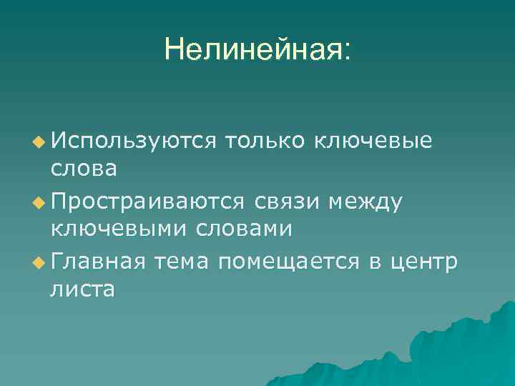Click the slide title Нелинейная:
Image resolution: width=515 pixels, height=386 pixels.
coord(257,49)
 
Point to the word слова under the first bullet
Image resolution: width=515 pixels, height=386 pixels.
coord(84,169)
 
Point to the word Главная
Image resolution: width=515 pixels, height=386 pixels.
coord(97,262)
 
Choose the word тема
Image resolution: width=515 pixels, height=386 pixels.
coord(183,262)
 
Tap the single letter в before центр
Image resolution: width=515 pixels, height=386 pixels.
coord(376,264)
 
